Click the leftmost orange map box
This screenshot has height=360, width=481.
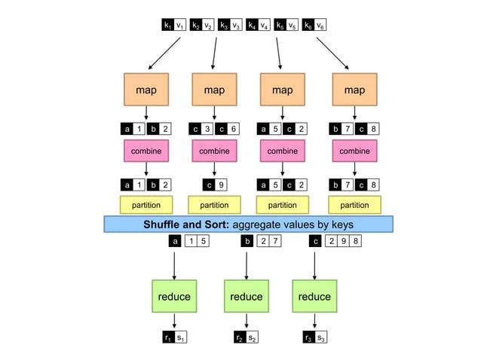[x=146, y=90]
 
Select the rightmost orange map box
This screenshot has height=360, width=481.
[x=354, y=90]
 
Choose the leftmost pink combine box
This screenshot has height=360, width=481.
[x=146, y=151]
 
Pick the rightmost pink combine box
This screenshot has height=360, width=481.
[x=354, y=151]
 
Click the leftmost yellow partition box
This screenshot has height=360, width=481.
[x=146, y=204]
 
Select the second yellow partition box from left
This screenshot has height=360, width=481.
[x=214, y=204]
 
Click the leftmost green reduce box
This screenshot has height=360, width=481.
[x=174, y=296]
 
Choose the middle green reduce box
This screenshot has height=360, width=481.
[x=246, y=296]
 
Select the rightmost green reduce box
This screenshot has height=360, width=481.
[x=314, y=296]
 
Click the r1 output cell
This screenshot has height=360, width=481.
[x=167, y=337]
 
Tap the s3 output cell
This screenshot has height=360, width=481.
[x=320, y=337]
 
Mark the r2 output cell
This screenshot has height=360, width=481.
[x=239, y=337]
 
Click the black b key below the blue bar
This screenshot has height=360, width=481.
[x=246, y=242]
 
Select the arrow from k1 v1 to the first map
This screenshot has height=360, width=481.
[x=164, y=54]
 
